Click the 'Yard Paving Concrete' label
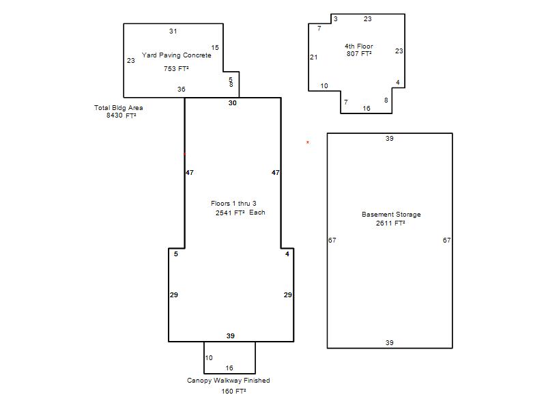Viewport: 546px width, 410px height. click(177, 55)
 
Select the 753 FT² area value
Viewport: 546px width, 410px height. click(176, 69)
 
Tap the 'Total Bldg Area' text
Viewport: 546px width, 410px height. click(118, 108)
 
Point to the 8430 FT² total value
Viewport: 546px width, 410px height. click(121, 115)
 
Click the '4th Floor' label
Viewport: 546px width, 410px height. click(359, 46)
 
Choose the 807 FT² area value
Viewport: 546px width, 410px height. click(359, 54)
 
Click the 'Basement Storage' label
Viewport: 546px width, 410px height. click(391, 215)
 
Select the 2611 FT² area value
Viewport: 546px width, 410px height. click(390, 223)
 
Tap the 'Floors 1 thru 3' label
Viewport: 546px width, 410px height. click(233, 203)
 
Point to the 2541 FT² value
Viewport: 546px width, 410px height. click(230, 213)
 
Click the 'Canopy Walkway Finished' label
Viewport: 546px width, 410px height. click(229, 381)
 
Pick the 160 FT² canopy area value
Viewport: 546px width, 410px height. click(233, 391)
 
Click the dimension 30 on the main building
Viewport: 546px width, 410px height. click(232, 103)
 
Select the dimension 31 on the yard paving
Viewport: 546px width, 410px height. click(173, 31)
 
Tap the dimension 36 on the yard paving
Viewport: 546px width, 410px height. click(181, 90)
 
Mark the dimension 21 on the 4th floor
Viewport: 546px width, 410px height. click(314, 57)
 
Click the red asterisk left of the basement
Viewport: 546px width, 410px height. click(308, 142)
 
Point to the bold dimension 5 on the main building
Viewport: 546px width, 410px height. click(176, 254)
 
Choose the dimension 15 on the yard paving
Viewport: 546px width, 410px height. click(215, 47)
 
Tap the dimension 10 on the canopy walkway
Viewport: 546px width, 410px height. click(209, 357)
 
